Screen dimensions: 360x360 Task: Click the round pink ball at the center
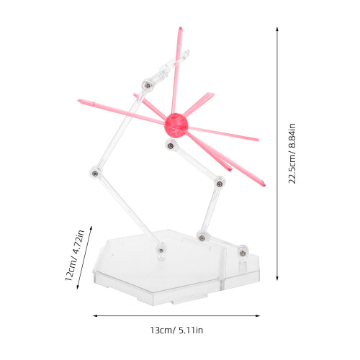[176, 125]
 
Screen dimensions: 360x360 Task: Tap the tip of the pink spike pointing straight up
[181, 27]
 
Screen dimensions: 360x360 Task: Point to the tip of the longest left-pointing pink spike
[78, 100]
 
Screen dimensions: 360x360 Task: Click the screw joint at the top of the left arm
[148, 85]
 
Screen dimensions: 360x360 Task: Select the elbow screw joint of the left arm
[95, 173]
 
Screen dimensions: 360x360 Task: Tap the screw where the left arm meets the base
[161, 251]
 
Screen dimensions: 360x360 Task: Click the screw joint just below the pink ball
[171, 145]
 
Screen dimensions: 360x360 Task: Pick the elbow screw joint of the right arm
[220, 184]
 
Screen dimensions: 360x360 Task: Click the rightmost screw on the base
[243, 252]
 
